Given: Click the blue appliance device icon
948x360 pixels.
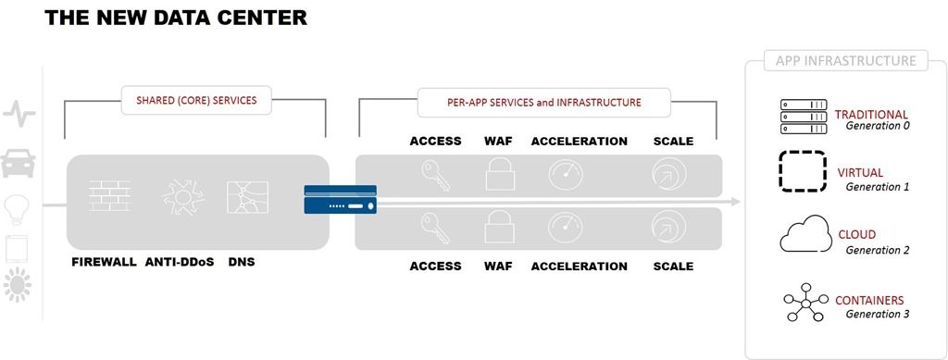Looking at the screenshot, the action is click(341, 199).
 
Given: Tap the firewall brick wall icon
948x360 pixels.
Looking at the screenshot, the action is click(110, 195).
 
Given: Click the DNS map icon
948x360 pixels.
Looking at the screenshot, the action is click(247, 197).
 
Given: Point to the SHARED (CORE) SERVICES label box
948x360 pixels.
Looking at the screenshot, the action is click(196, 100).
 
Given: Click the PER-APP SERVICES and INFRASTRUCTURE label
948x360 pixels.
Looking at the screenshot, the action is click(544, 103).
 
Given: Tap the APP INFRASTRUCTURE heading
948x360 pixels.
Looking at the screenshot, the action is click(846, 61).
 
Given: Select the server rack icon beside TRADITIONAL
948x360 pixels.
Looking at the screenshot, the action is click(804, 117).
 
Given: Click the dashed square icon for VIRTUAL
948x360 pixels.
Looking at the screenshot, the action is click(803, 171).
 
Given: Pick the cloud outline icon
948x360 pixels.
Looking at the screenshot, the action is click(806, 234).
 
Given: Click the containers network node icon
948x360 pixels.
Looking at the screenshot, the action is click(805, 303).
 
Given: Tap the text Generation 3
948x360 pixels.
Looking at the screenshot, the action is click(878, 314).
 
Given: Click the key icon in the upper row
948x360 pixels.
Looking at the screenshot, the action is click(435, 175).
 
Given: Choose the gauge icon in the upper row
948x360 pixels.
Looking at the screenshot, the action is click(566, 175).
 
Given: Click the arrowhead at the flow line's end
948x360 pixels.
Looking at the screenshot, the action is click(736, 201).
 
